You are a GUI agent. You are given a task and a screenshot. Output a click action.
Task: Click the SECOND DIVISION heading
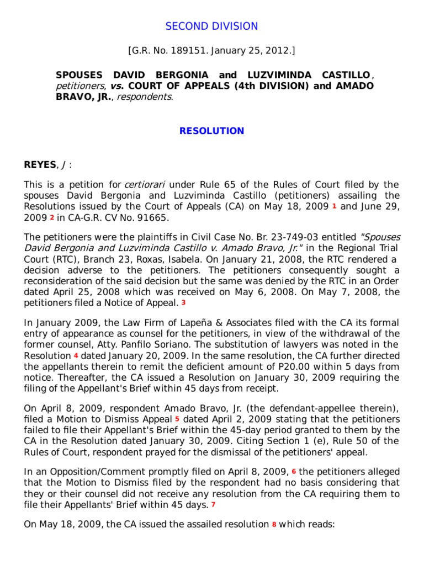212,26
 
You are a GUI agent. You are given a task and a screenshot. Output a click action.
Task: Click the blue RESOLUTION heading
212,131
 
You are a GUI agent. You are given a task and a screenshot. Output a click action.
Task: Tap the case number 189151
187,51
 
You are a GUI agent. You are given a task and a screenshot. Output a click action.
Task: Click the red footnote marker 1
334,206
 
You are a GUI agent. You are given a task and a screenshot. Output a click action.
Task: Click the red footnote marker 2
51,217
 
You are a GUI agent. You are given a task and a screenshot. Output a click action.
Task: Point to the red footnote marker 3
183,302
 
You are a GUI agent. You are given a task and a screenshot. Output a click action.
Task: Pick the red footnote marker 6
294,472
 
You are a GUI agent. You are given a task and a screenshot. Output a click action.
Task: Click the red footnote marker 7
213,504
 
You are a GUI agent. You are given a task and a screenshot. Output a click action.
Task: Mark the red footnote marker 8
273,524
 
